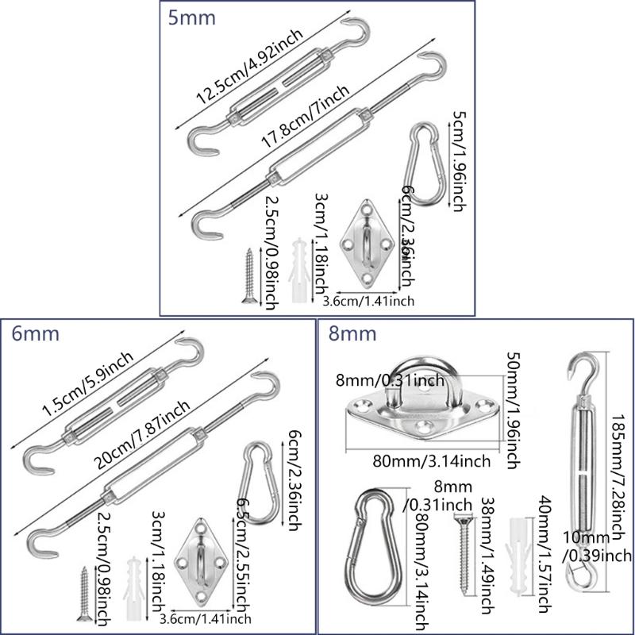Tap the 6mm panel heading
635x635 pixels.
coord(37,334)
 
